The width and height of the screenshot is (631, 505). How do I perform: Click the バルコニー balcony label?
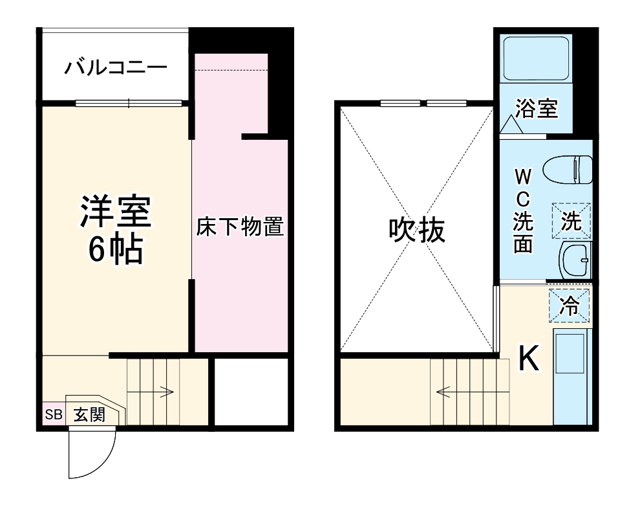pyautogui.click(x=116, y=67)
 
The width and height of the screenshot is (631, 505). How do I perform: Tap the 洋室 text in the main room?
pyautogui.click(x=116, y=210)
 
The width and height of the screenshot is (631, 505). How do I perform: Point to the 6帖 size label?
pyautogui.click(x=116, y=251)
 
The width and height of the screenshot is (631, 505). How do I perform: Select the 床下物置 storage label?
pyautogui.click(x=241, y=227)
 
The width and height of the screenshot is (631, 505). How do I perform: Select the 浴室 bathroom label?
pyautogui.click(x=536, y=109)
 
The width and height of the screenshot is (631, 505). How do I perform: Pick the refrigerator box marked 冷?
pyautogui.click(x=570, y=306)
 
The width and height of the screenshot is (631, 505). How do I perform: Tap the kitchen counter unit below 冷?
pyautogui.click(x=572, y=376)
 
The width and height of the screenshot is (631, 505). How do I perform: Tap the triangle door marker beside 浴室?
pyautogui.click(x=511, y=124)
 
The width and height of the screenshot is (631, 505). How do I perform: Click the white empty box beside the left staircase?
pyautogui.click(x=251, y=391)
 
